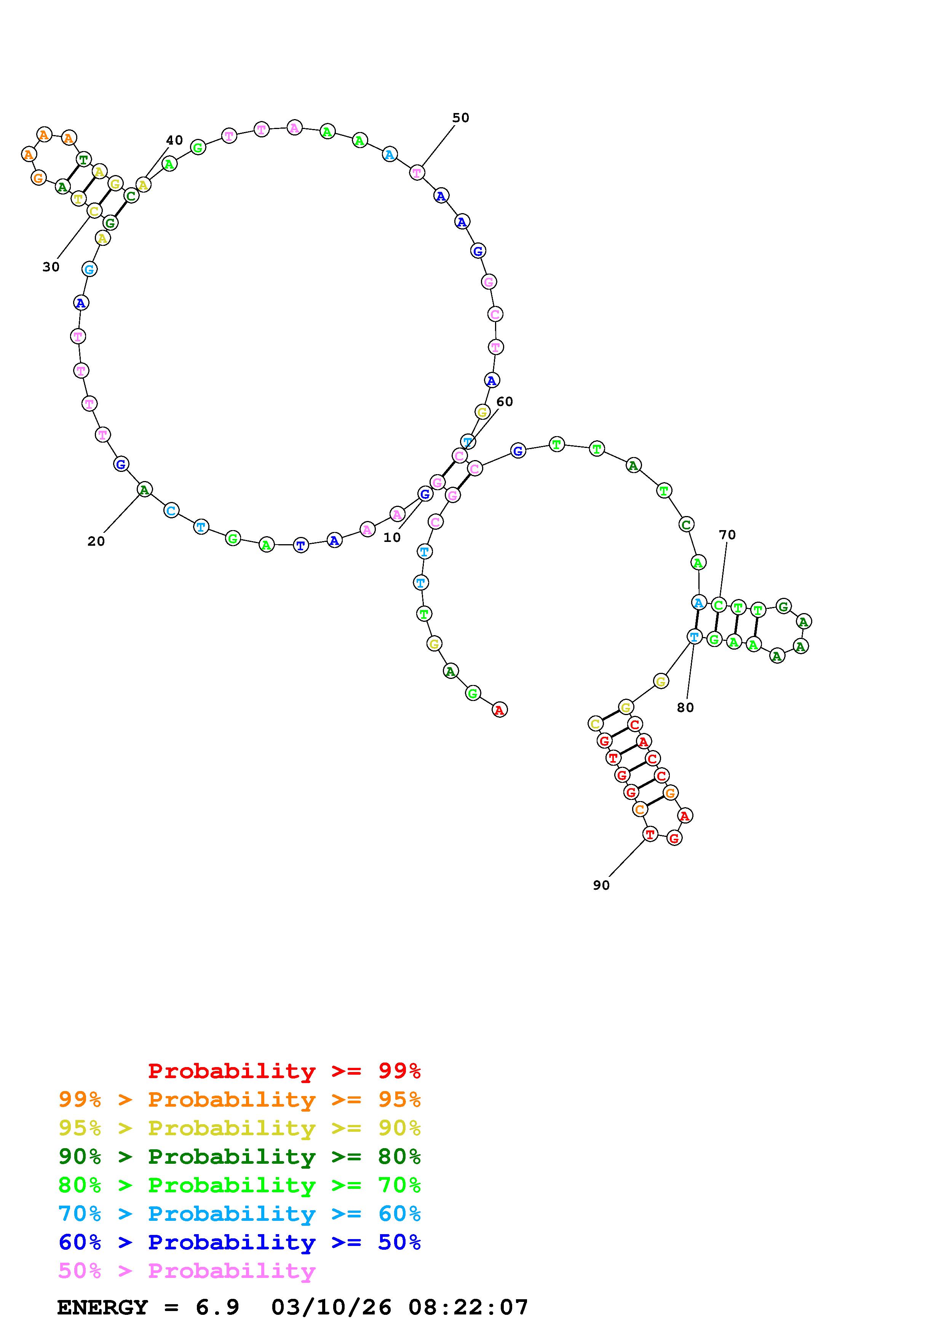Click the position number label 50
coord(461,118)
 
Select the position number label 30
coord(51,267)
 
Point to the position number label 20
coord(96,541)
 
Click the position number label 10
coord(392,538)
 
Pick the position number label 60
coord(505,402)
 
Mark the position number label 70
coord(727,535)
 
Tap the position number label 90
coord(601,885)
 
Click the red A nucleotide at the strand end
coord(500,709)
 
